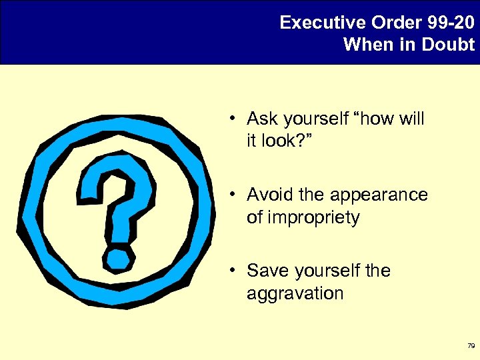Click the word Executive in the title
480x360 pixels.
[315, 23]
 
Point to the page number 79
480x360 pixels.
[471, 346]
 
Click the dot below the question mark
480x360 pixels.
[119, 257]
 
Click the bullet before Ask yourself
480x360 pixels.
[228, 119]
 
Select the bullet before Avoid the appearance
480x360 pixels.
[228, 195]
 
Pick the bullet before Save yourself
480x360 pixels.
[228, 271]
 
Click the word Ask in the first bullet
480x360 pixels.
[261, 119]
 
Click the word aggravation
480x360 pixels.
[295, 294]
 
